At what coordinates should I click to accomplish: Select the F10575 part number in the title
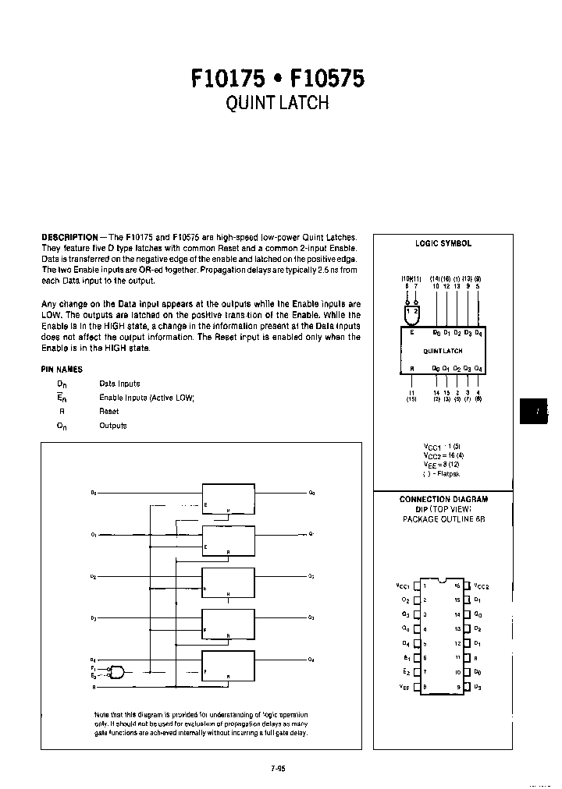pyautogui.click(x=326, y=79)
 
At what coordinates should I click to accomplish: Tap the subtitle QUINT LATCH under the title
pyautogui.click(x=277, y=104)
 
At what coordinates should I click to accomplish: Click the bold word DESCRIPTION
pyautogui.click(x=69, y=237)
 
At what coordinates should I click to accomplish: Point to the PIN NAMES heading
pyautogui.click(x=62, y=369)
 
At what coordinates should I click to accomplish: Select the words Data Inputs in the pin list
pyautogui.click(x=119, y=384)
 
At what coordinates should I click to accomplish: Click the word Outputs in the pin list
pyautogui.click(x=112, y=426)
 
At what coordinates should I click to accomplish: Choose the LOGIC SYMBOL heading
pyautogui.click(x=443, y=243)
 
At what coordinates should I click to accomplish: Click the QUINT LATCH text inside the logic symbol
pyautogui.click(x=443, y=351)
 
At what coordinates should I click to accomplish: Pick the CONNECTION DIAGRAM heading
pyautogui.click(x=443, y=499)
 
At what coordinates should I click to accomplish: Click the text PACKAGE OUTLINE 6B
pyautogui.click(x=443, y=518)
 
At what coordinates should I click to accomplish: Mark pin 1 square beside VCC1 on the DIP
pyautogui.click(x=417, y=586)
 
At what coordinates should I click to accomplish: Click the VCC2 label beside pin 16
pyautogui.click(x=481, y=586)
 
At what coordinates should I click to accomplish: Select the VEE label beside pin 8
pyautogui.click(x=404, y=686)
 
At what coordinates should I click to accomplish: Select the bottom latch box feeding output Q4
pyautogui.click(x=228, y=665)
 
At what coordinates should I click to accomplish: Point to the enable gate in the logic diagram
pyautogui.click(x=116, y=671)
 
